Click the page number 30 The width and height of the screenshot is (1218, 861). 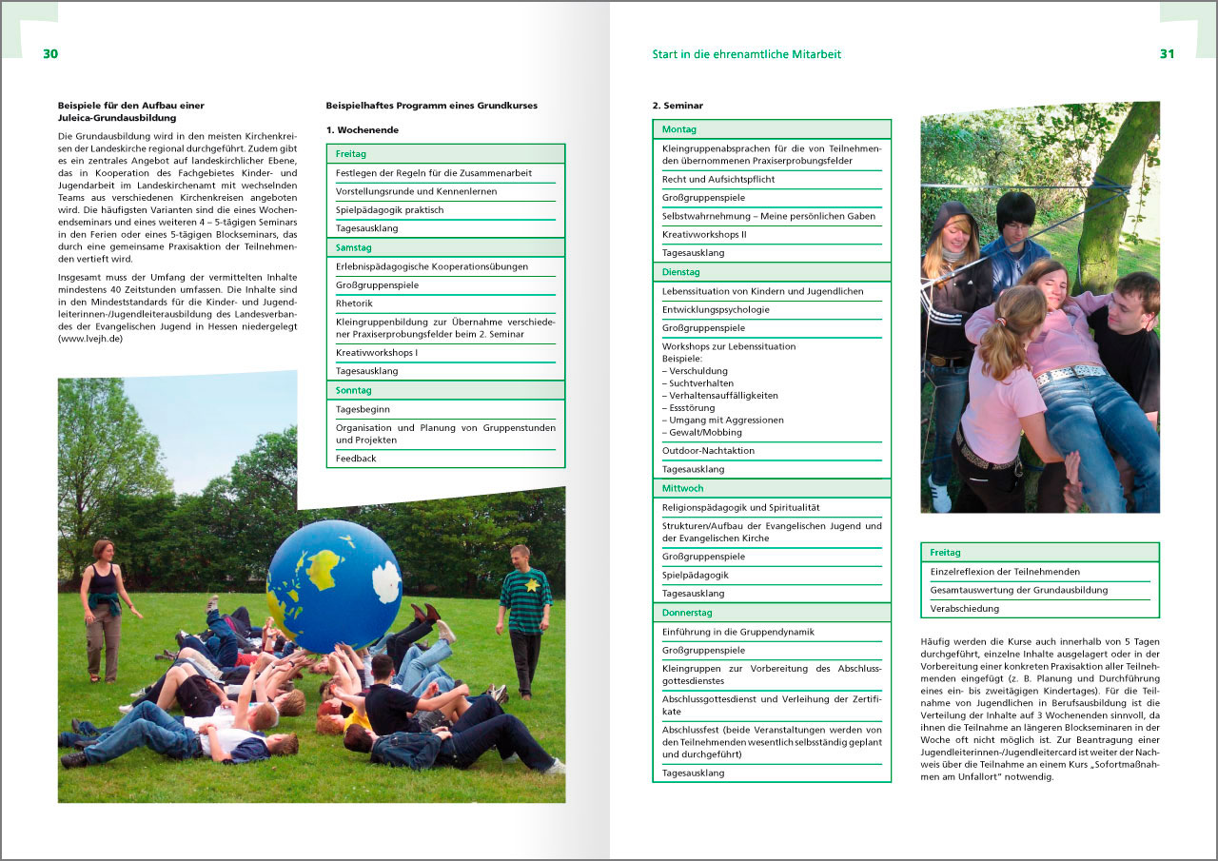pos(50,54)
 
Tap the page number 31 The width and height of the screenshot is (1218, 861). pos(1167,54)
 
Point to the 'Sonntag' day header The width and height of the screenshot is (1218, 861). pos(353,390)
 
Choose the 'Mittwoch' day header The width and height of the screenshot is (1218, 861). pos(682,488)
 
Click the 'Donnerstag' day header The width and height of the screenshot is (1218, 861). pos(687,613)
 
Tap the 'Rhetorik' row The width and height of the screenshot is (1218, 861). pos(355,303)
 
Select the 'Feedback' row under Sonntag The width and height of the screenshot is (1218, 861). pos(356,459)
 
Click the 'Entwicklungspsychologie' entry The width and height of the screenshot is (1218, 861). pos(716,309)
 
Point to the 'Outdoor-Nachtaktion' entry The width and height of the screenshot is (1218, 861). pos(708,451)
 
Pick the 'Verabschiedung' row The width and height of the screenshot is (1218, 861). pos(965,608)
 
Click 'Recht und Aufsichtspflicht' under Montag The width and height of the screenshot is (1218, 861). pos(718,179)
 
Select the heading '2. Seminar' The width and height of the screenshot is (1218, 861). pos(678,106)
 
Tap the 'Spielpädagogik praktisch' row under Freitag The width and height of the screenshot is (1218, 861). pos(389,210)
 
